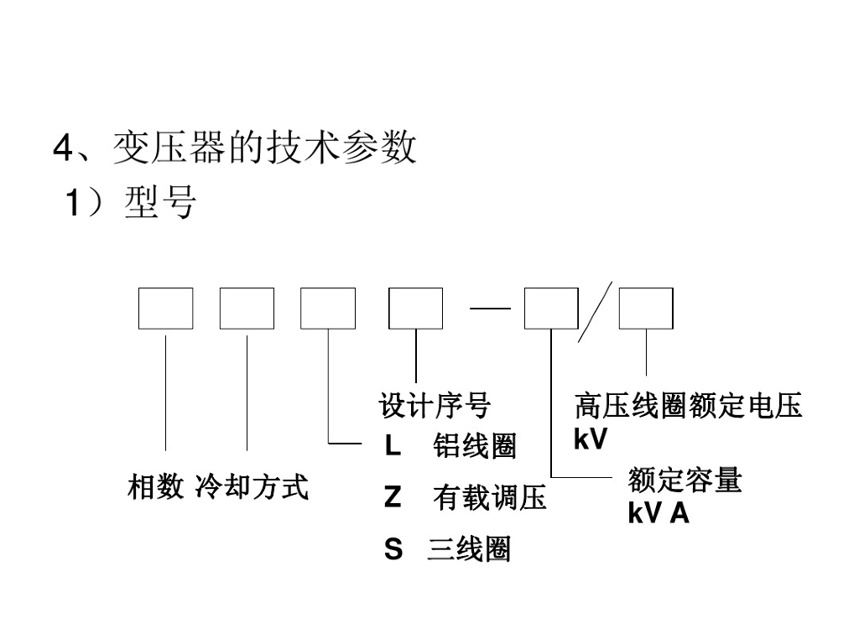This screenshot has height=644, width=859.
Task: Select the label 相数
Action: [155, 486]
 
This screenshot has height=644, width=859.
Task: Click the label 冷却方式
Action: [252, 486]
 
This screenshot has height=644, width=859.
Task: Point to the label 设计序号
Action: [435, 407]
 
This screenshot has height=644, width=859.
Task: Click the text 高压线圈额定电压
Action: [688, 407]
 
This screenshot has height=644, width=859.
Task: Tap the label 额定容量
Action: [685, 481]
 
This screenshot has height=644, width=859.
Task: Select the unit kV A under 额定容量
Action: [658, 513]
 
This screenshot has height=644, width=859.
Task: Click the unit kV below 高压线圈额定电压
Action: [590, 439]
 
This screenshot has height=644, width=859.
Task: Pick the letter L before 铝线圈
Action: [393, 447]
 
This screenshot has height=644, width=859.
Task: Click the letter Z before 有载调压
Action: [393, 498]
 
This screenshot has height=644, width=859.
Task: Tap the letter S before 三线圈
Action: [393, 550]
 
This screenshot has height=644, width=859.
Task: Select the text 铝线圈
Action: [474, 447]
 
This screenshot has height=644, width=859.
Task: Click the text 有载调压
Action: [489, 498]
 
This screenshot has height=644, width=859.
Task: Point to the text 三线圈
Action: [468, 550]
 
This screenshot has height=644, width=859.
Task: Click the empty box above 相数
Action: [166, 309]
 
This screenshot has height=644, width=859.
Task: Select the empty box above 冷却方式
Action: [247, 309]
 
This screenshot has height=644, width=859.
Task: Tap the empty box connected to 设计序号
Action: [415, 309]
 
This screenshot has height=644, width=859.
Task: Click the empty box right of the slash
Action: [646, 309]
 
